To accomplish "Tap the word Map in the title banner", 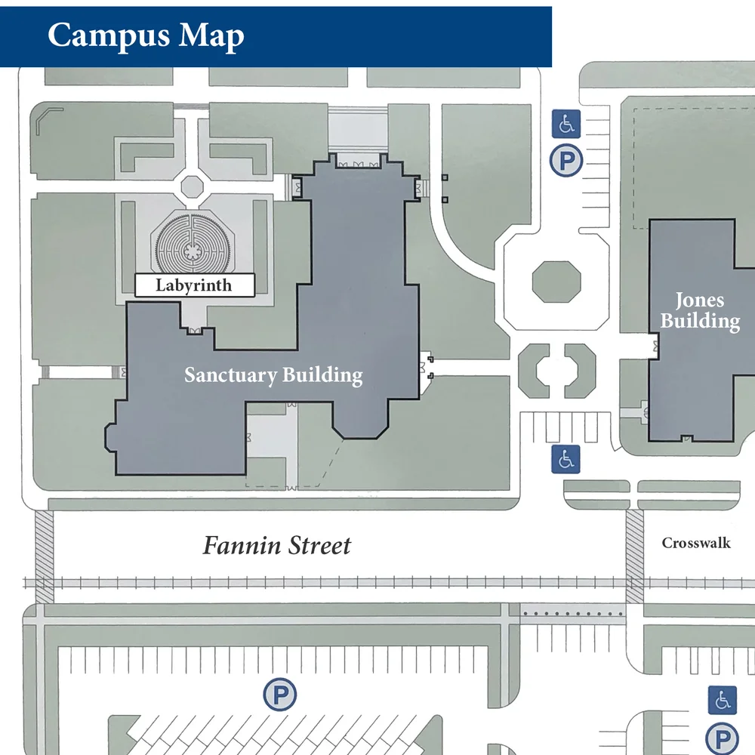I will click(x=212, y=35).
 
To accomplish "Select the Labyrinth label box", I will click(x=193, y=285).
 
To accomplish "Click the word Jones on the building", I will click(x=699, y=300).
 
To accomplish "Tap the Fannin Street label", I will click(x=276, y=545).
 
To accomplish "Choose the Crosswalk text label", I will click(x=696, y=543).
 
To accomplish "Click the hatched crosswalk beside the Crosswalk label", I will click(x=634, y=556).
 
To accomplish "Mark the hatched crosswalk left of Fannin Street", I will click(x=45, y=556).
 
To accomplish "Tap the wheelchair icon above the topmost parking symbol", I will click(x=566, y=123).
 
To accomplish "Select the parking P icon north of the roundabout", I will click(x=565, y=161).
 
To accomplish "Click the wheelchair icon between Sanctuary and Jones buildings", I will click(x=565, y=458).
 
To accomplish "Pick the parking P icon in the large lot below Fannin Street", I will click(x=280, y=695).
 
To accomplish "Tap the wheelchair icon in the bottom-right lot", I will click(x=723, y=701).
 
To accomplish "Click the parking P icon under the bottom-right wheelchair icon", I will click(x=722, y=739).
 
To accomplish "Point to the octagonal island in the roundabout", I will click(x=557, y=282).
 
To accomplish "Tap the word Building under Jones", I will click(x=701, y=321).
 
